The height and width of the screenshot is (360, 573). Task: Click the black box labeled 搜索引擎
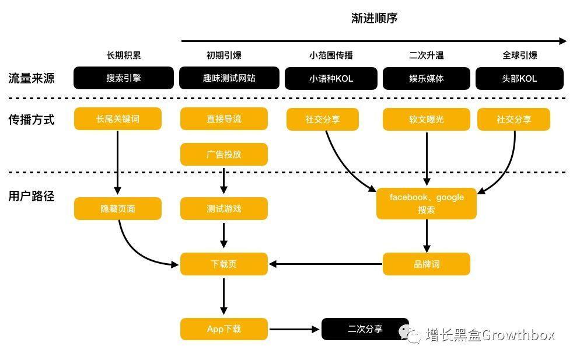(x=123, y=78)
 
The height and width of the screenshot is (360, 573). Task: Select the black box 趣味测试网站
(x=229, y=78)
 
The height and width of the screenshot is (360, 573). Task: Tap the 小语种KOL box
(x=331, y=78)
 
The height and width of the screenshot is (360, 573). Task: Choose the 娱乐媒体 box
(x=426, y=78)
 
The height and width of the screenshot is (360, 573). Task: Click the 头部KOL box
(x=519, y=78)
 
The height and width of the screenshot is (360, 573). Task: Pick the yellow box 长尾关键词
(x=117, y=119)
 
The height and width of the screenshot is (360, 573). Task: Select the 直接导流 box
(x=223, y=119)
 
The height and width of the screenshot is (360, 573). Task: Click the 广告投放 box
(x=223, y=155)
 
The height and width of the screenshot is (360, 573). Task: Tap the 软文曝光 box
(x=426, y=120)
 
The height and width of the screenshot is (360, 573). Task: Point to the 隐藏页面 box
(x=117, y=209)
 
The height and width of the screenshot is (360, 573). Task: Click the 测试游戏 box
(x=223, y=209)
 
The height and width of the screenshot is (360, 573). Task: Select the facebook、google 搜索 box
(x=426, y=204)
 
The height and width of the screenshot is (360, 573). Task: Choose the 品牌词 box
(x=426, y=264)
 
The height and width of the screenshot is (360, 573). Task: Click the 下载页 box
(x=223, y=264)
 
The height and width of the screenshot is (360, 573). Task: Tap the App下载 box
(x=223, y=329)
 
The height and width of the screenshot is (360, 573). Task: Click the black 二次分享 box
(x=365, y=329)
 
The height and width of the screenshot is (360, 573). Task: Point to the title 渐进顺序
(x=374, y=18)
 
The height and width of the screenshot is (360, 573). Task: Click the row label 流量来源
(x=32, y=78)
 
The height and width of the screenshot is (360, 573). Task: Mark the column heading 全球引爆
(x=519, y=55)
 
